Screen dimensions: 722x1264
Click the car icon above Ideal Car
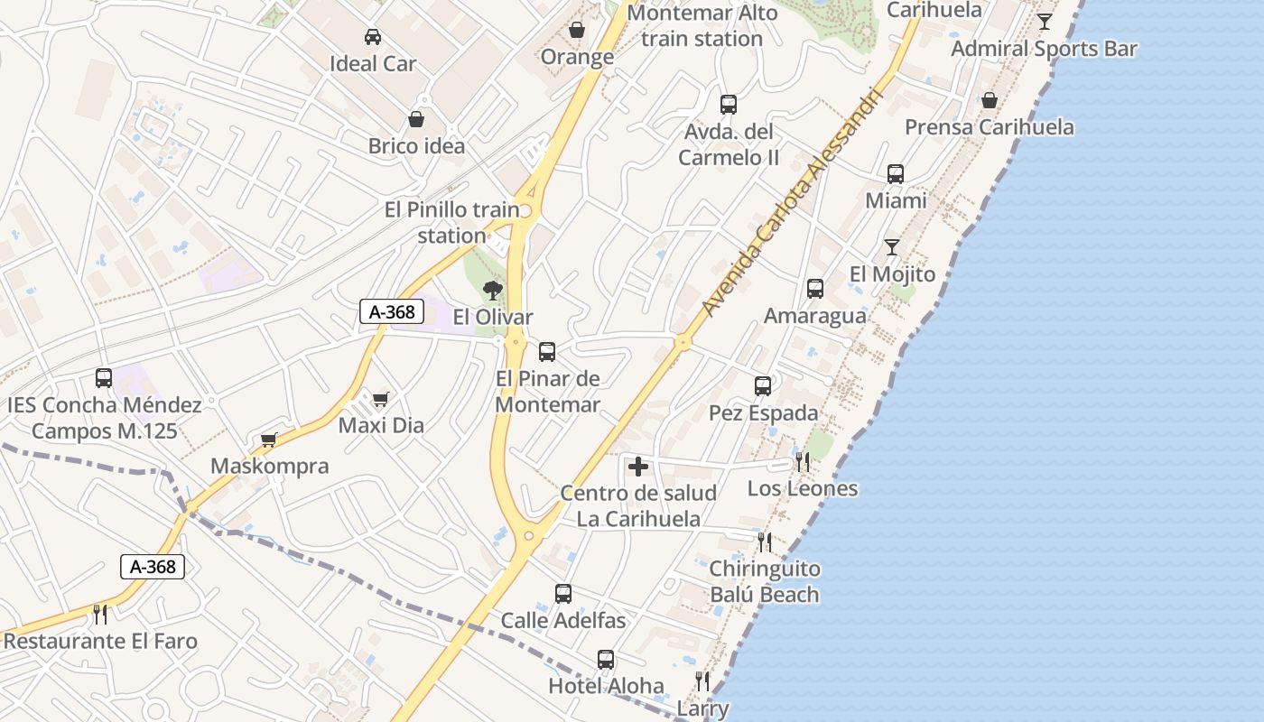point(372,37)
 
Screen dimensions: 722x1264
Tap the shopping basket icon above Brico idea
point(416,119)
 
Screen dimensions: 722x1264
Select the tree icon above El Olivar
point(492,290)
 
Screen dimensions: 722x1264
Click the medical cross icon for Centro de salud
point(638,467)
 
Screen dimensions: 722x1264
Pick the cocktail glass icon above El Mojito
point(892,246)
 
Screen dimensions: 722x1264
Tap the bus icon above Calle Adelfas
point(563,594)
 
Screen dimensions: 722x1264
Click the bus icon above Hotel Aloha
point(606,660)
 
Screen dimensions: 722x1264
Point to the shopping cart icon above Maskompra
point(268,440)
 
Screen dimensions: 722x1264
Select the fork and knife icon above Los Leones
point(802,462)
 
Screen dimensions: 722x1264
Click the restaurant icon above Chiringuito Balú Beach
point(765,541)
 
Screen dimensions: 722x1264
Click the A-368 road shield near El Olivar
point(392,312)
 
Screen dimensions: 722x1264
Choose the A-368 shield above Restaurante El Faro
point(153,567)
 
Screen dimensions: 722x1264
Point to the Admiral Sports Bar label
point(1044,49)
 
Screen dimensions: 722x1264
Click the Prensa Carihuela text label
point(990,127)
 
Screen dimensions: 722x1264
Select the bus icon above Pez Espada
point(763,386)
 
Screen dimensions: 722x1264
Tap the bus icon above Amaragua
point(815,289)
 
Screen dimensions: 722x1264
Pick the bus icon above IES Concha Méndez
point(104,378)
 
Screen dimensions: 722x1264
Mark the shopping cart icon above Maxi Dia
point(381,398)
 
